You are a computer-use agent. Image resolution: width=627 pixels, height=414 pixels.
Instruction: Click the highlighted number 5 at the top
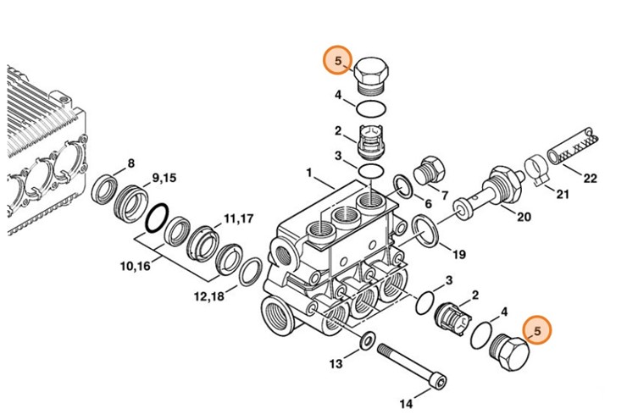338,60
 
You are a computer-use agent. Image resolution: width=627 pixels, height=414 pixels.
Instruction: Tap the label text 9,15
164,178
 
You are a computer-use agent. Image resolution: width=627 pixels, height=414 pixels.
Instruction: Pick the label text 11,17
239,219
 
